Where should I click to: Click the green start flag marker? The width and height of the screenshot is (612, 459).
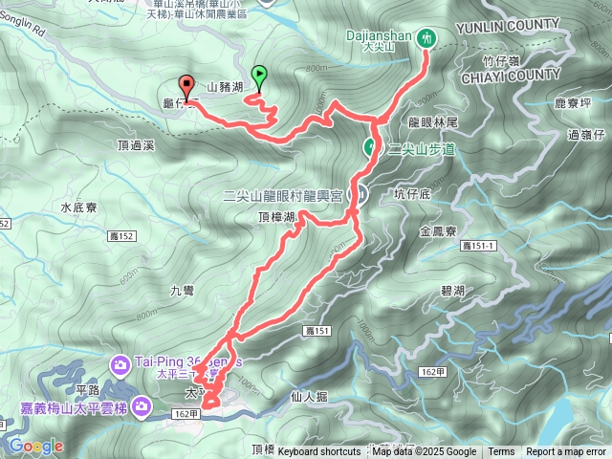coord(258,73)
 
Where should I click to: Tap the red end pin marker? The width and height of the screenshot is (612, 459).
coord(186,84)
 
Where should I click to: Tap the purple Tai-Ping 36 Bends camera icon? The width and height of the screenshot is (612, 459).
coord(120,363)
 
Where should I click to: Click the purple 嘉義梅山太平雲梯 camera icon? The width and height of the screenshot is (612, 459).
coord(142,408)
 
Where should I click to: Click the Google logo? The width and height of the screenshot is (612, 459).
coord(37,446)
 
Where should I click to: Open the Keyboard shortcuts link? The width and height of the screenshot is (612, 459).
coord(319,452)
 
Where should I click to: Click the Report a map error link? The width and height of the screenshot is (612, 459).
coord(567,452)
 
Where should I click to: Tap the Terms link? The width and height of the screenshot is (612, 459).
coord(501,452)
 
